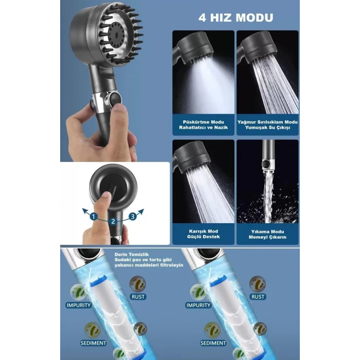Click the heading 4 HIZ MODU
pyautogui.click(x=236, y=17)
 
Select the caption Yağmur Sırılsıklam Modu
pyautogui.click(x=268, y=122)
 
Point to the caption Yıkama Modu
pyautogui.click(x=268, y=231)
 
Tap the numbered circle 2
pyautogui.click(x=113, y=222)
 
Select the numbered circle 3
pyautogui.click(x=132, y=217)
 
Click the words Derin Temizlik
pyautogui.click(x=125, y=254)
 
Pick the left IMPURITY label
pyautogui.click(x=79, y=305)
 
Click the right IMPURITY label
pyautogui.click(x=199, y=305)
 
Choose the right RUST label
pyautogui.click(x=258, y=296)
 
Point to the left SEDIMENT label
pyautogui.click(x=93, y=343)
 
